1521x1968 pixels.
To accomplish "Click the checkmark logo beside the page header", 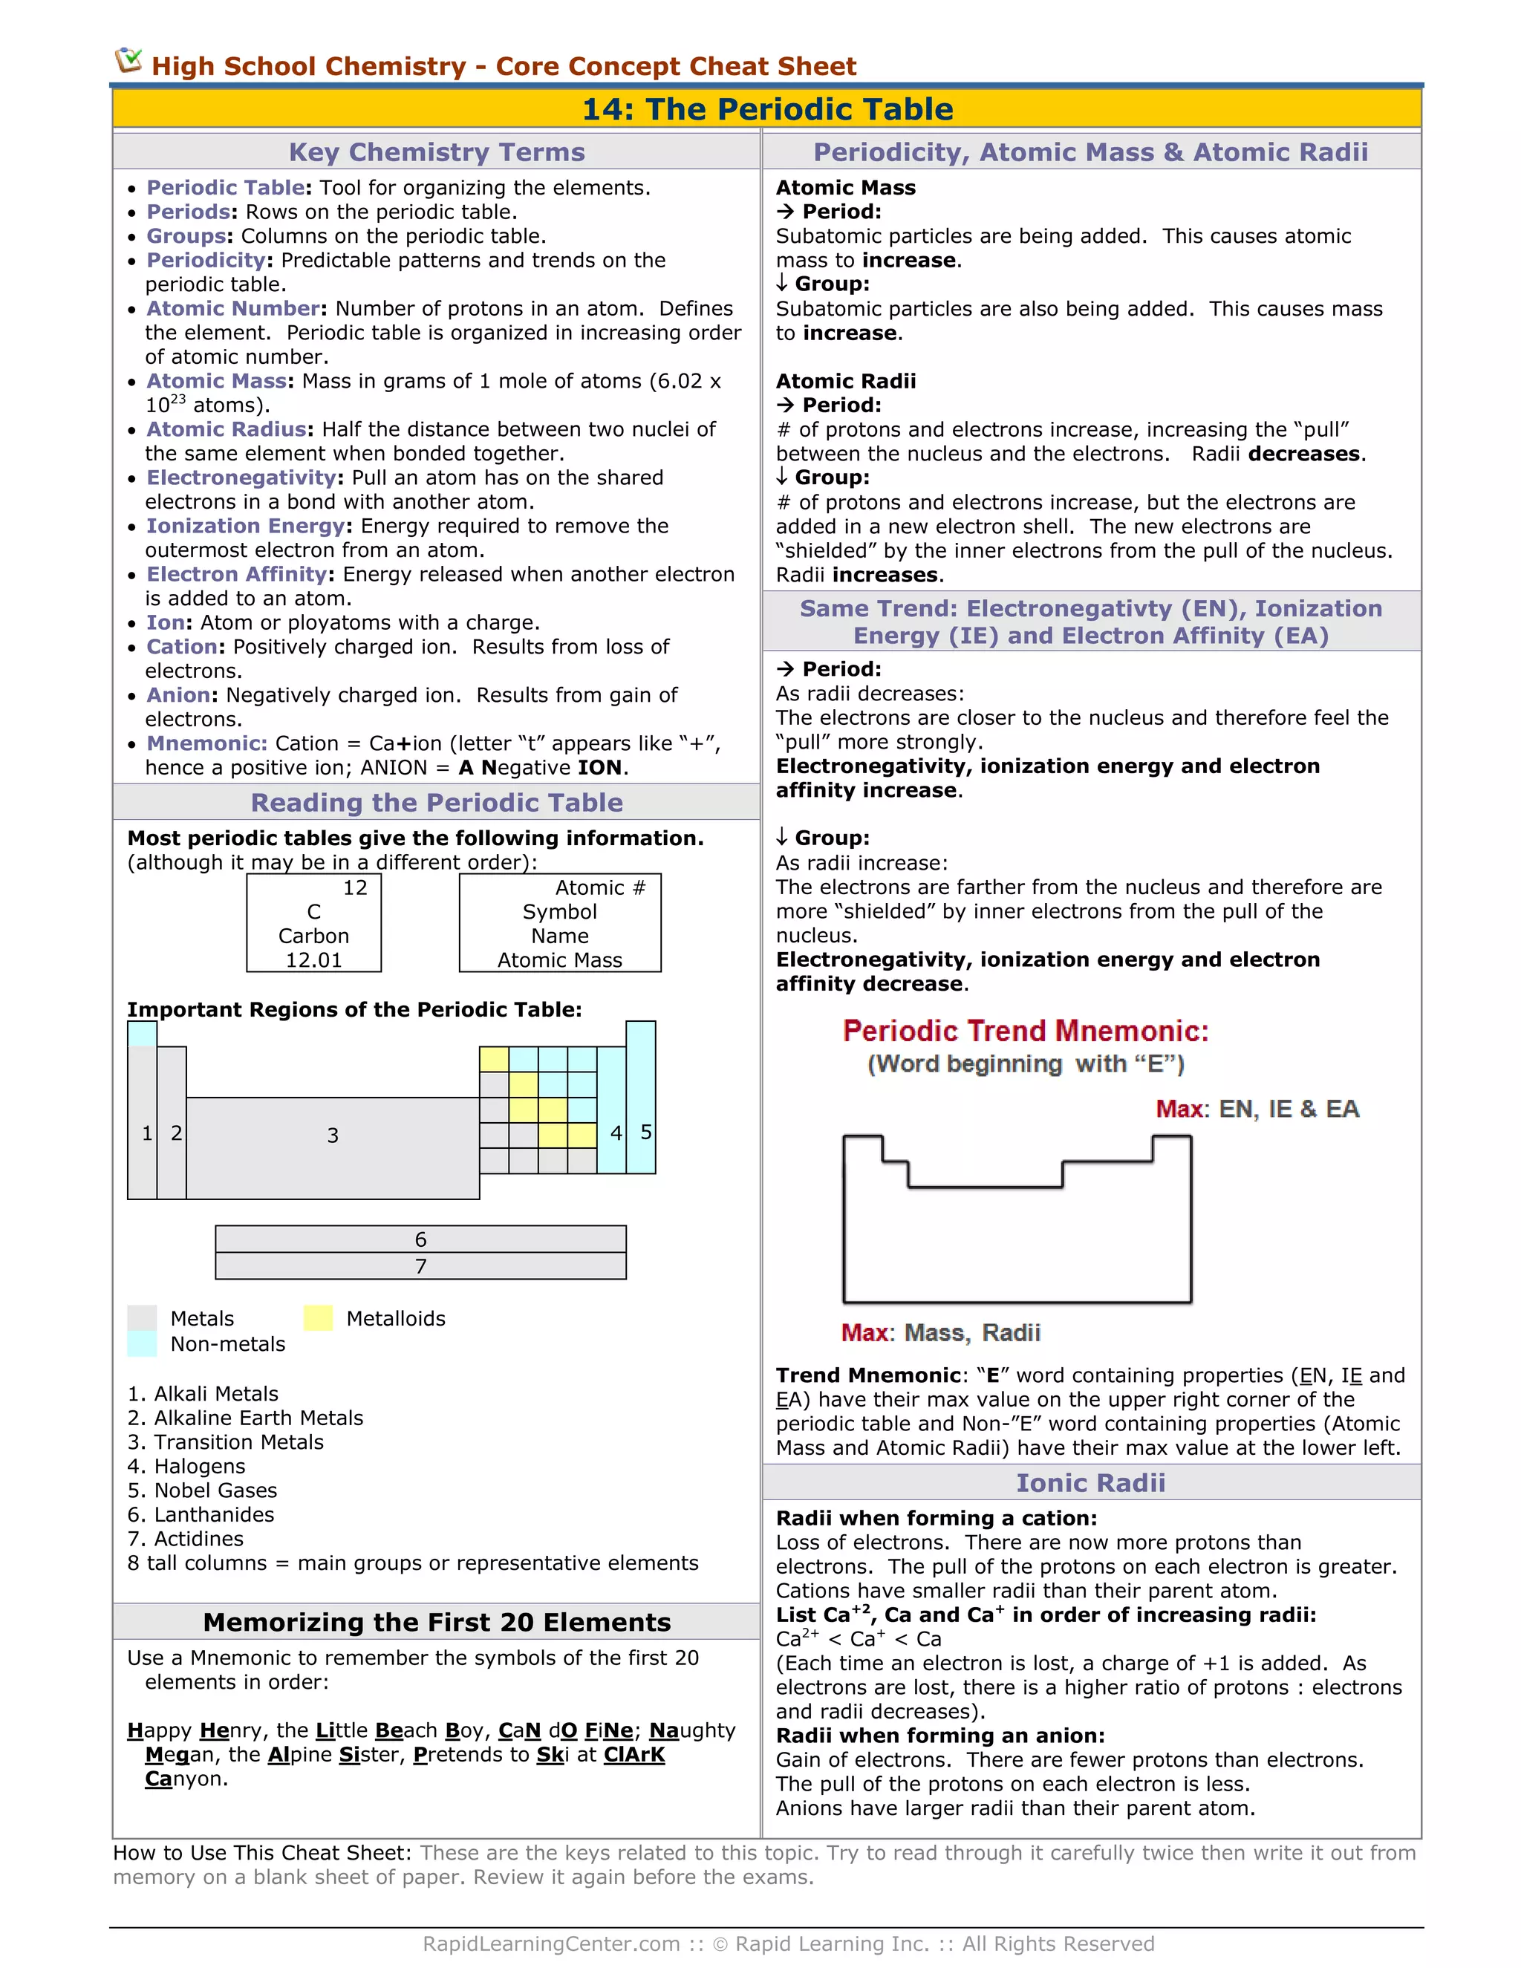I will click(128, 62).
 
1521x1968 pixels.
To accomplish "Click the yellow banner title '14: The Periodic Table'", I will click(766, 109).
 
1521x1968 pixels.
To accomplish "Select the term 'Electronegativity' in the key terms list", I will click(241, 478).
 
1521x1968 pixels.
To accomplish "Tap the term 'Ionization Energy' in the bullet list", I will click(246, 527).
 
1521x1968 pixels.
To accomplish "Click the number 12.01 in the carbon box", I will click(313, 960).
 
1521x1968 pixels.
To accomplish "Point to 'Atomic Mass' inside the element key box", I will click(559, 960).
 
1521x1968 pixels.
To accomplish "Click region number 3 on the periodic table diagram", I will click(333, 1135).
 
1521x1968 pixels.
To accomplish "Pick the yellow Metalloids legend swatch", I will click(318, 1318).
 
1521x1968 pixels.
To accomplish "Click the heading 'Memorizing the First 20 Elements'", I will click(437, 1622).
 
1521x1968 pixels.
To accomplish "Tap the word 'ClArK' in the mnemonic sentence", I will click(634, 1754).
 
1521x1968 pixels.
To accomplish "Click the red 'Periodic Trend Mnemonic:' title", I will click(1026, 1031).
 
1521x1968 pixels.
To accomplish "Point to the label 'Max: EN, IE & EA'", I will click(1257, 1108).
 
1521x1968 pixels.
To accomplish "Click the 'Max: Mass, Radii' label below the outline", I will click(941, 1333).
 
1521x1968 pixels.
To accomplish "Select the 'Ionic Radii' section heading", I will click(1090, 1482).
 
